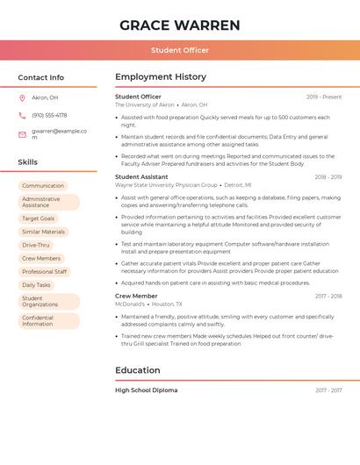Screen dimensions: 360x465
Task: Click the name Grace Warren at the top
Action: [x=180, y=25]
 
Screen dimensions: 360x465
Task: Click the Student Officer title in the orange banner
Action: [x=180, y=51]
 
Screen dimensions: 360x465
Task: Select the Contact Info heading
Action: [x=41, y=77]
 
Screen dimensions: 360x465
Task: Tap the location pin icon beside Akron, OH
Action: [x=22, y=97]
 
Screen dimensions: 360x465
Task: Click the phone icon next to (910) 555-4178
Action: [x=22, y=115]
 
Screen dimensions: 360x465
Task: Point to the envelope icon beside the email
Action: [x=22, y=134]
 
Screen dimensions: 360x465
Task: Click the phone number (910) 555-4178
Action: [x=49, y=115]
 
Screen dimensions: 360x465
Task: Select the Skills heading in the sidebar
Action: [x=28, y=162]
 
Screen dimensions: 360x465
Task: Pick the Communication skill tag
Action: [x=43, y=186]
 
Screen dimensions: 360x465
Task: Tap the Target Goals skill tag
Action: [x=39, y=218]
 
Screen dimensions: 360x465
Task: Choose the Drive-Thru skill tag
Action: [x=36, y=245]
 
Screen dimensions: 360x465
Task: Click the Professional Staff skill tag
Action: [x=45, y=272]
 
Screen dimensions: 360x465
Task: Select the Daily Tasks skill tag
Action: [x=37, y=285]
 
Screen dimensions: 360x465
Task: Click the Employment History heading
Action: [x=161, y=77]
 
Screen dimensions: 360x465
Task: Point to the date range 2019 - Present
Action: [x=324, y=97]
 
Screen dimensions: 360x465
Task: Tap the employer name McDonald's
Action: [x=130, y=304]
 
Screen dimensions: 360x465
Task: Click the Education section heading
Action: [x=137, y=370]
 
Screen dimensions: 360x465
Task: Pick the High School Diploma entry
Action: [x=146, y=390]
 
